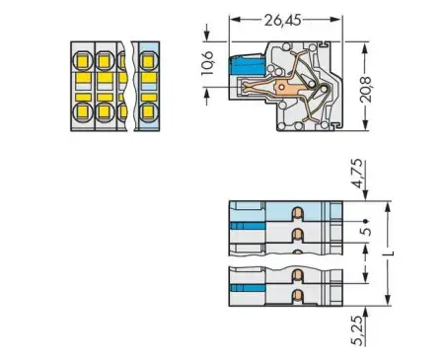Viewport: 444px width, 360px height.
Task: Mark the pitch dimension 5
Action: click(366, 235)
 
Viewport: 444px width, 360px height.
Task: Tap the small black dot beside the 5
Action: click(366, 220)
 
